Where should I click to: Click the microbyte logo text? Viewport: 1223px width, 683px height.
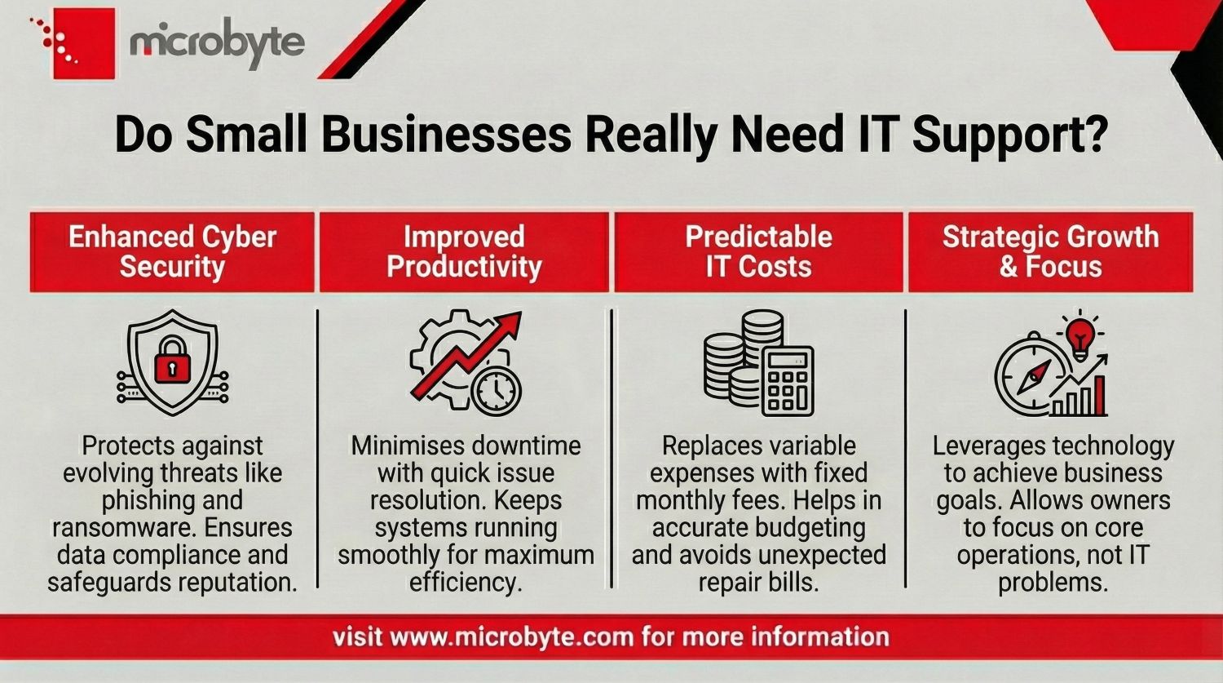click(x=217, y=42)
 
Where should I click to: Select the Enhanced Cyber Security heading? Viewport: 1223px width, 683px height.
click(x=172, y=252)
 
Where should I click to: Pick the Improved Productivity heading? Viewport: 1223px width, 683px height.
click(x=464, y=252)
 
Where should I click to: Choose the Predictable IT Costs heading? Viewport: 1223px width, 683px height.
click(x=758, y=252)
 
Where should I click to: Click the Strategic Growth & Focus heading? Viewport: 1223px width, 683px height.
click(x=1050, y=252)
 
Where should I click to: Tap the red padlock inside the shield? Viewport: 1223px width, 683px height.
click(x=172, y=361)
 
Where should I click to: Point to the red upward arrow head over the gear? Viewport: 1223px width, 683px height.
click(x=510, y=325)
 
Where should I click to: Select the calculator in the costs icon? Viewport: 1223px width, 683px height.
click(x=788, y=380)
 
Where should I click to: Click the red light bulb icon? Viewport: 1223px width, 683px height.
click(x=1080, y=336)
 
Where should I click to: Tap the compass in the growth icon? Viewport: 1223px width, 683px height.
click(x=1032, y=376)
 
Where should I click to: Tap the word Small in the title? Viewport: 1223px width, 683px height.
click(x=248, y=134)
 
